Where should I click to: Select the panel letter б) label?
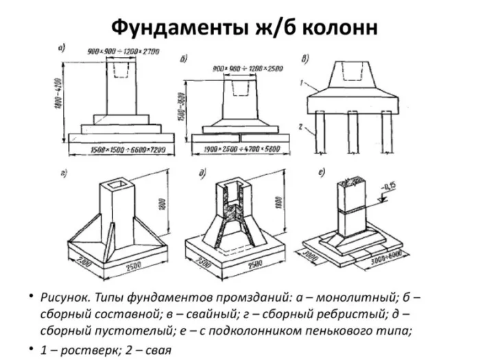[184, 59]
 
